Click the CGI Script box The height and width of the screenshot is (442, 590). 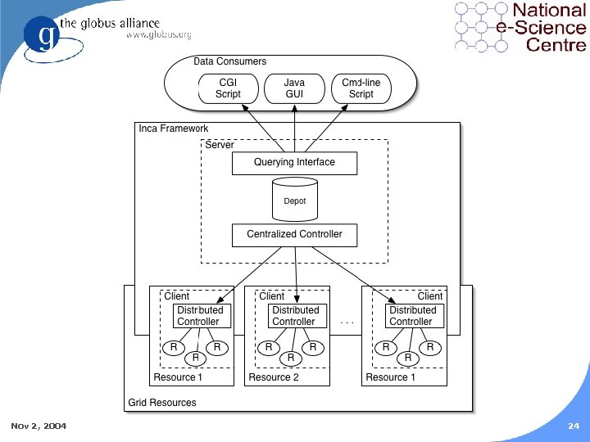[x=229, y=88]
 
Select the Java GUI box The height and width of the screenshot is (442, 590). [x=294, y=88]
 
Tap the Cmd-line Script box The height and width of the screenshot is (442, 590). [x=361, y=88]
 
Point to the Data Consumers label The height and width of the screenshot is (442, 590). [x=230, y=61]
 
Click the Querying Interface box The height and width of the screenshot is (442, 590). [x=295, y=163]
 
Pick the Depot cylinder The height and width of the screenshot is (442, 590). [x=295, y=199]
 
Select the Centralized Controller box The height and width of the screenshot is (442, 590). [x=295, y=235]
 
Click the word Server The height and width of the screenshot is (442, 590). [x=220, y=145]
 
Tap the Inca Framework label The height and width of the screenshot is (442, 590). [x=174, y=129]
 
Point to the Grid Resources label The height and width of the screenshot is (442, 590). [x=162, y=403]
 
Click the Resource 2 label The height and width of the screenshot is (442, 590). [x=274, y=377]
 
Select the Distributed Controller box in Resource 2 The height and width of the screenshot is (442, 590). [x=297, y=316]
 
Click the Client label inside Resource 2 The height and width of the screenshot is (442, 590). [x=272, y=296]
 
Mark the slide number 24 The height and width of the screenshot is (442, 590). [x=574, y=426]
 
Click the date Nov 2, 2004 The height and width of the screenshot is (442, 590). [x=39, y=426]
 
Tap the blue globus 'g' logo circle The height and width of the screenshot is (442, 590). [x=42, y=34]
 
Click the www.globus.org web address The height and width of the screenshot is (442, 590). [x=159, y=35]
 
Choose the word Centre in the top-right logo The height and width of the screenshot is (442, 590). [x=556, y=45]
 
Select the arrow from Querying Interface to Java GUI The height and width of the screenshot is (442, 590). [x=295, y=129]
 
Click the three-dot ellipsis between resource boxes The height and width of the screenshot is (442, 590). [x=347, y=322]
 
